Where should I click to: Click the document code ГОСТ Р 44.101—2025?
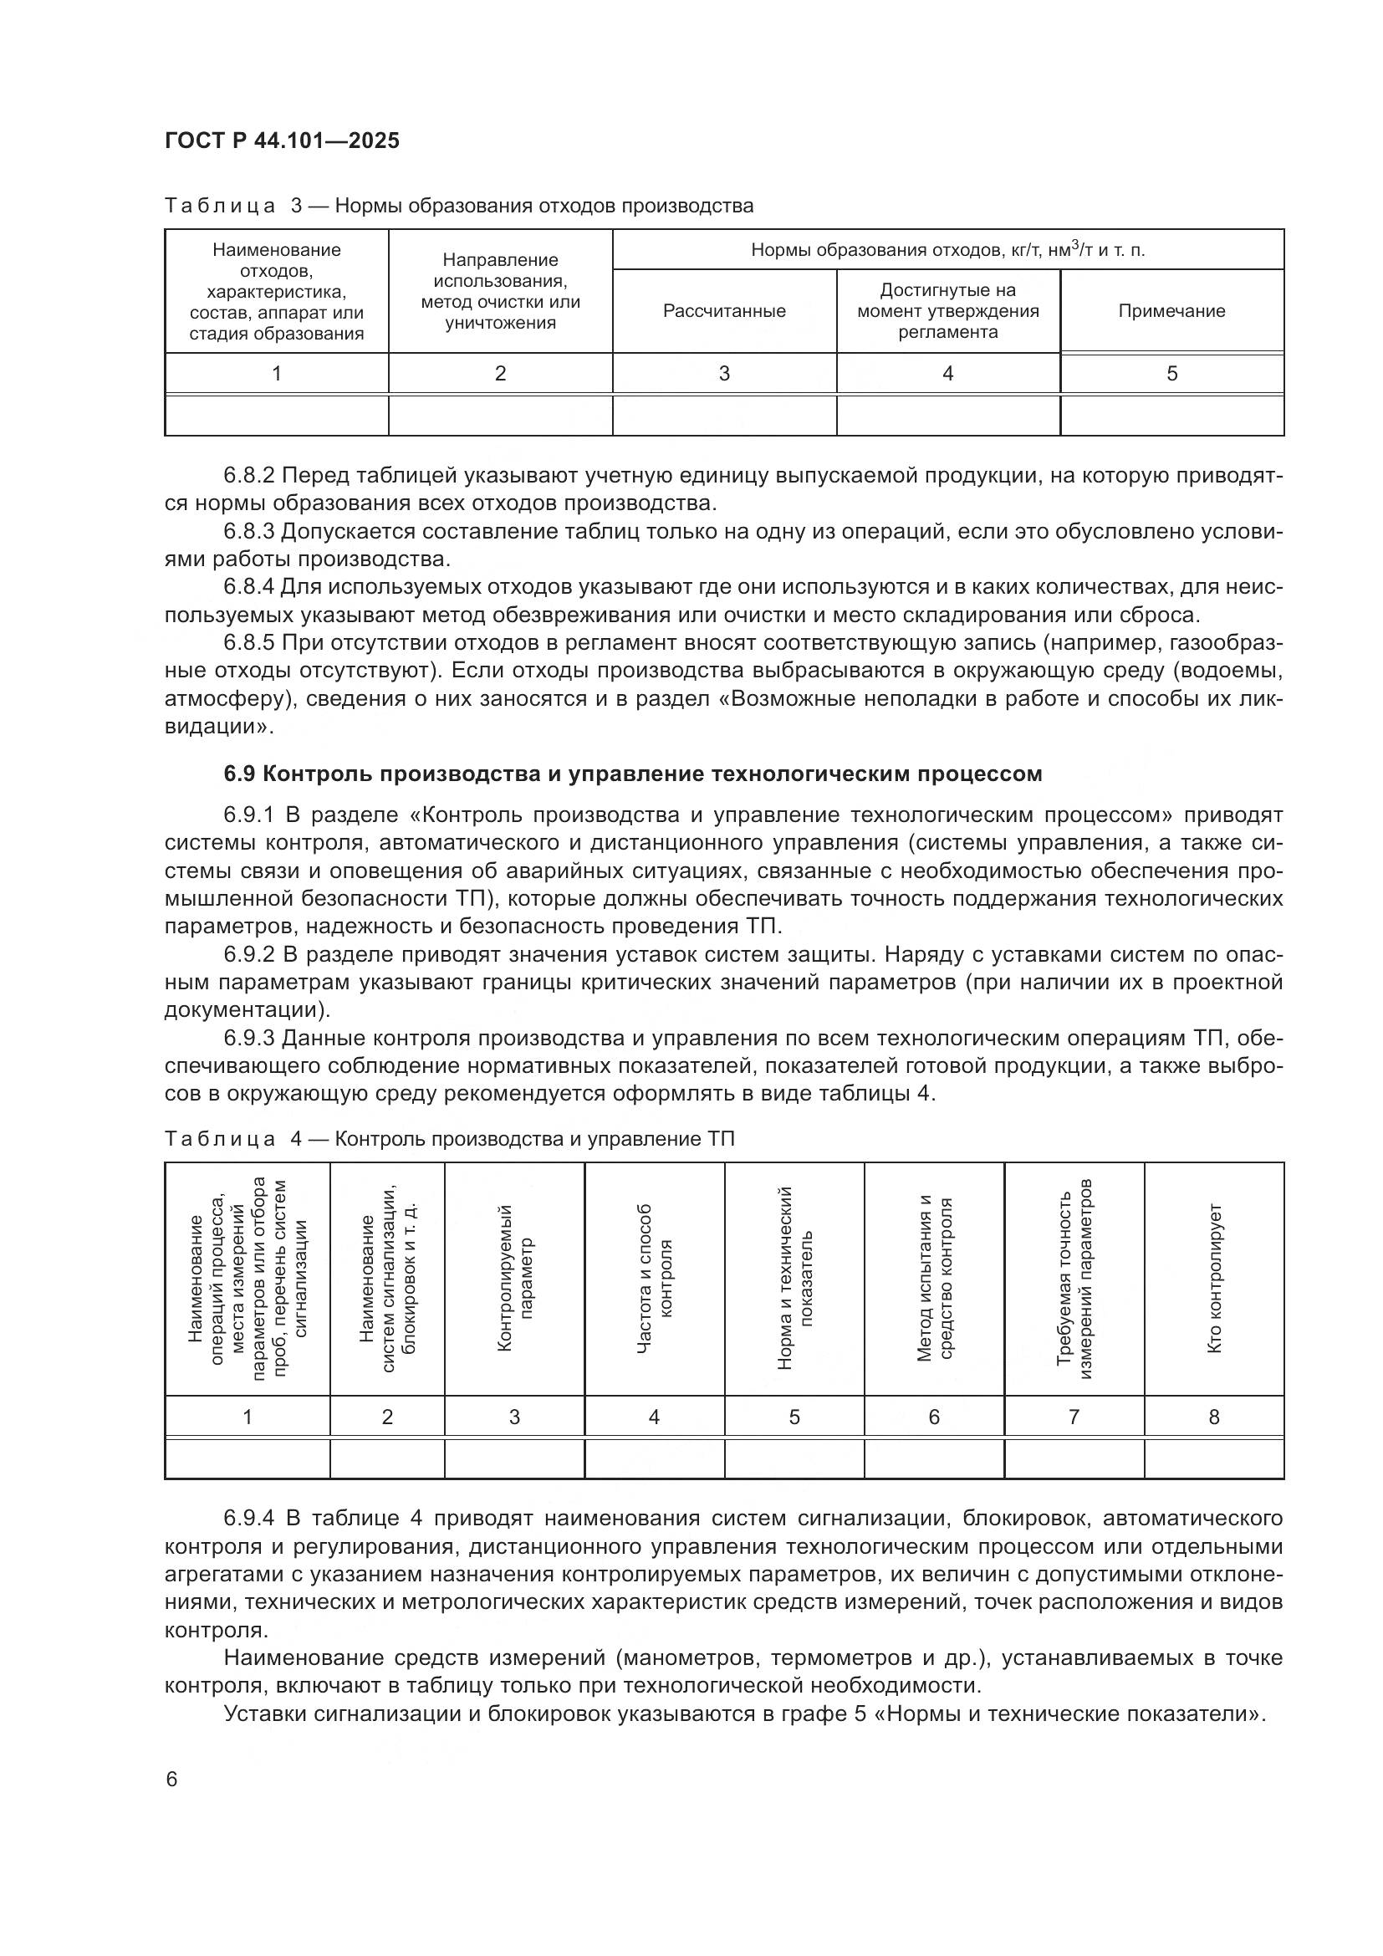click(x=282, y=140)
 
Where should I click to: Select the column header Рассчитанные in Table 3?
click(x=724, y=311)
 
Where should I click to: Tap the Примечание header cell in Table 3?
click(x=1171, y=311)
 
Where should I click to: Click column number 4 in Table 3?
click(x=947, y=373)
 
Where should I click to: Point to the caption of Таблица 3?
click(x=459, y=207)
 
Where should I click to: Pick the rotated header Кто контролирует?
click(x=1214, y=1278)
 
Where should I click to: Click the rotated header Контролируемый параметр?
click(x=514, y=1278)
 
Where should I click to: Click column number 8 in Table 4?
click(x=1213, y=1417)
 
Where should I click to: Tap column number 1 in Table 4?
click(x=247, y=1417)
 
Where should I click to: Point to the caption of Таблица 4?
click(x=449, y=1140)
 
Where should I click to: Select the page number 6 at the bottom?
click(x=172, y=1779)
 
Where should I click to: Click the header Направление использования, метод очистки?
click(x=500, y=291)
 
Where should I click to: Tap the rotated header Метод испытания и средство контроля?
click(x=934, y=1278)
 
